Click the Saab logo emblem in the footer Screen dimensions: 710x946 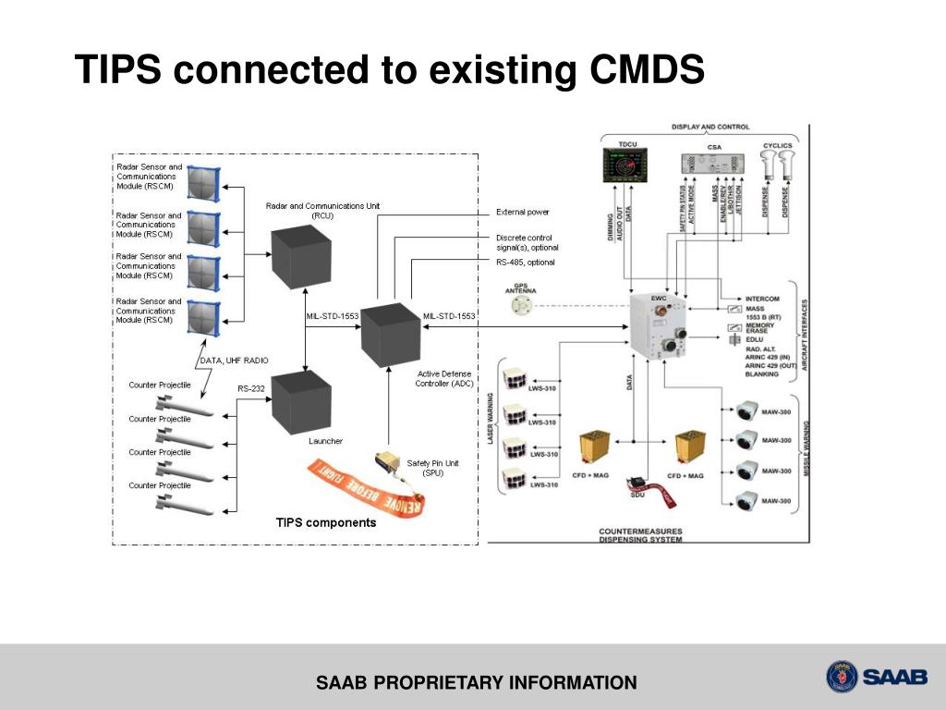pyautogui.click(x=842, y=677)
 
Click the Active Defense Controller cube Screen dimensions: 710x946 pyautogui.click(x=388, y=335)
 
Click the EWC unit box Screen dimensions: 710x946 pyautogui.click(x=663, y=333)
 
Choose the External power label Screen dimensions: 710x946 pyautogui.click(x=522, y=212)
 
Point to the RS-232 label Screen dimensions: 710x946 pyautogui.click(x=251, y=389)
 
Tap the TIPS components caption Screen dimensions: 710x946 pyautogui.click(x=326, y=523)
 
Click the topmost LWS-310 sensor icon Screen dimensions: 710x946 pyautogui.click(x=514, y=378)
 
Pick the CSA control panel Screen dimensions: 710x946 pyautogui.click(x=714, y=164)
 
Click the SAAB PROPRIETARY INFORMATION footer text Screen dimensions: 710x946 pyautogui.click(x=477, y=684)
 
